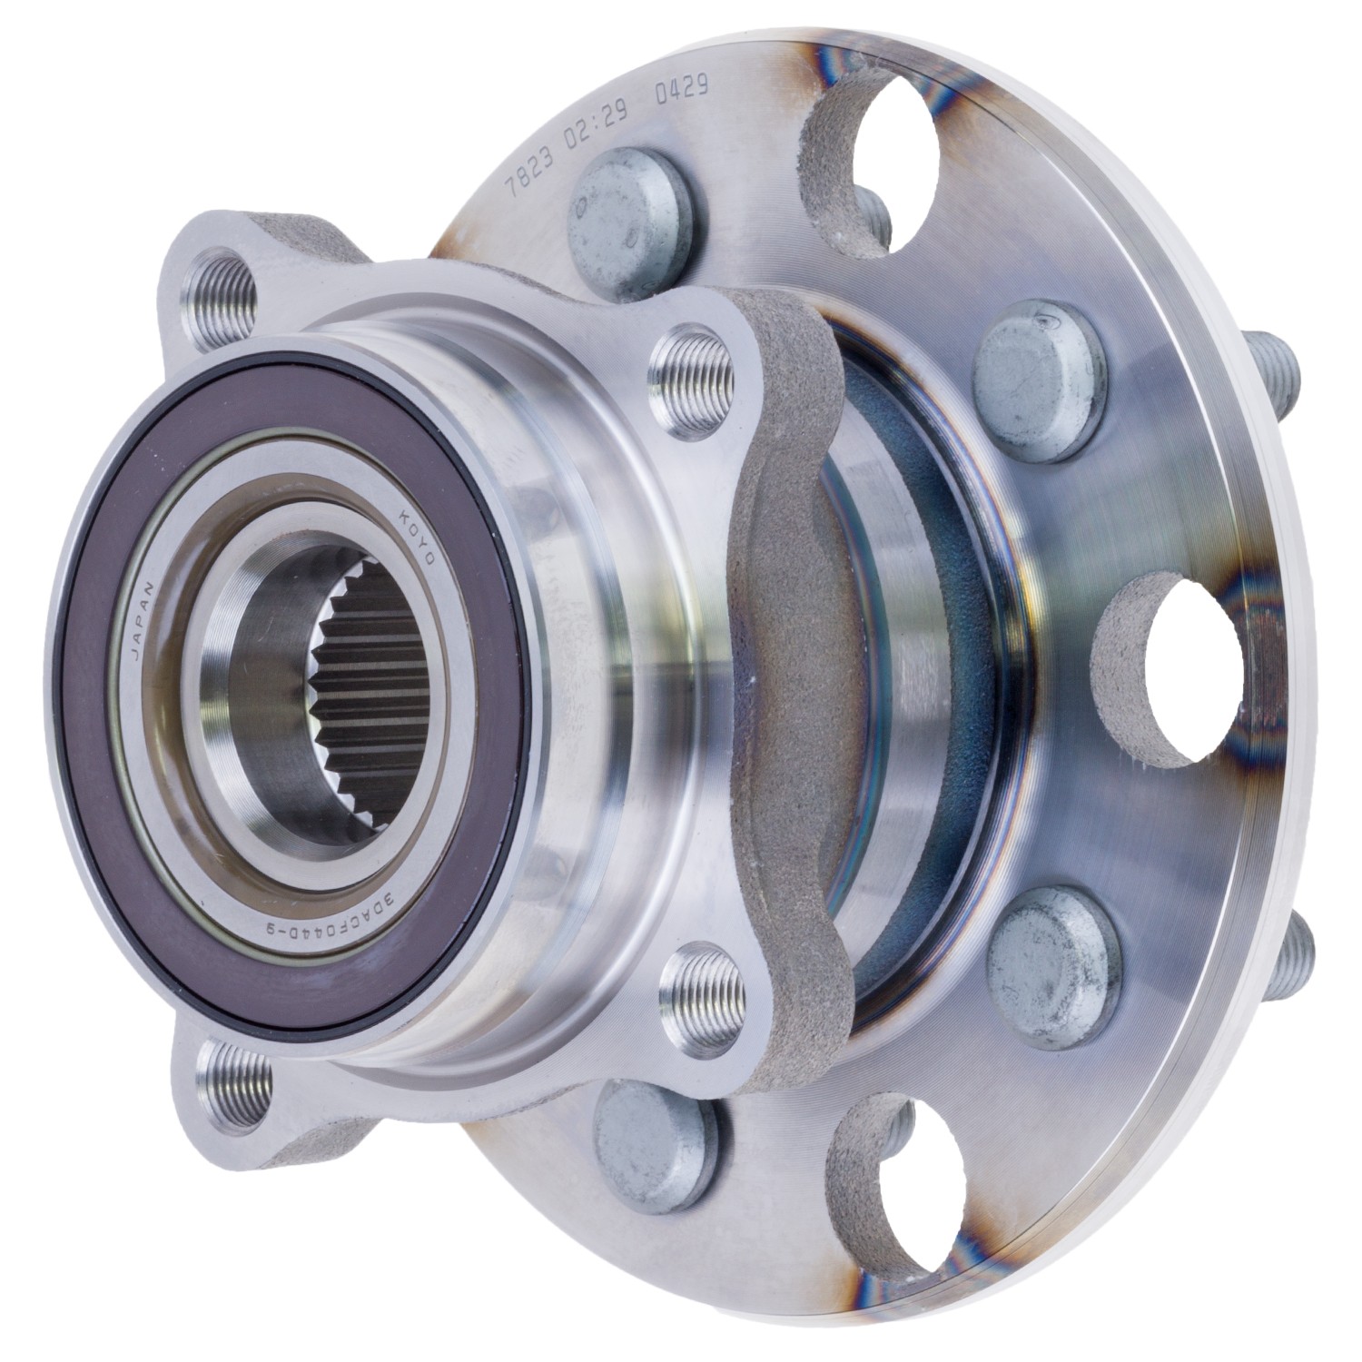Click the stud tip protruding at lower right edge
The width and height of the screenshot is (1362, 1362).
[x=1304, y=944]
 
